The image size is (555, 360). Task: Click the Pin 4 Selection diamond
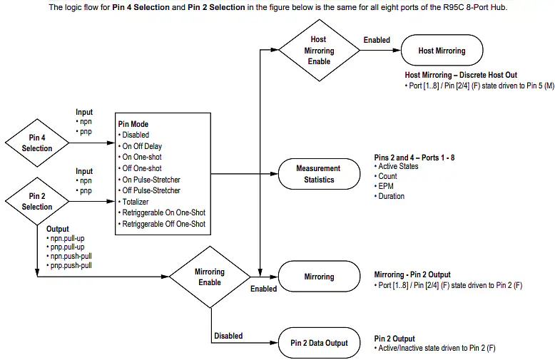(x=37, y=143)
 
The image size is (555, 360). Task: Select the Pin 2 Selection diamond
(x=37, y=201)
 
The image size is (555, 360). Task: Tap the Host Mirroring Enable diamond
(x=319, y=50)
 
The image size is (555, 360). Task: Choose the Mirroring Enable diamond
(x=210, y=277)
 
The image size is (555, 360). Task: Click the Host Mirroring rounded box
(x=442, y=50)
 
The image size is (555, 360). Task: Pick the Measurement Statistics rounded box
(x=319, y=174)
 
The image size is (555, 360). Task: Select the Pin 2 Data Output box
(x=319, y=343)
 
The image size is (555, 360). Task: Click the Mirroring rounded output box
(x=319, y=277)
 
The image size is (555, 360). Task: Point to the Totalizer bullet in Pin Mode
(x=133, y=202)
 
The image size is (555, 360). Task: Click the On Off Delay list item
(x=140, y=146)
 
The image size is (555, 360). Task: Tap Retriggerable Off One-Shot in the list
(x=162, y=224)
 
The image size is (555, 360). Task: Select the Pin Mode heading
(x=133, y=124)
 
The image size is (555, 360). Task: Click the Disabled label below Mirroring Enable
(x=228, y=336)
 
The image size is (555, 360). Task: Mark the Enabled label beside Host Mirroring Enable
(x=377, y=40)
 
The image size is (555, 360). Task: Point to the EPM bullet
(x=384, y=186)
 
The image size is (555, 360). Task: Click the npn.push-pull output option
(x=69, y=256)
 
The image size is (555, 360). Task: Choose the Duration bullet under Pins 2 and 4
(x=389, y=196)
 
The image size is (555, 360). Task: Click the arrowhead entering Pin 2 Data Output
(x=275, y=343)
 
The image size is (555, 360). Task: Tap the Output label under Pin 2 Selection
(x=57, y=229)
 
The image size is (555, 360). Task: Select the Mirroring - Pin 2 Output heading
(x=412, y=274)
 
